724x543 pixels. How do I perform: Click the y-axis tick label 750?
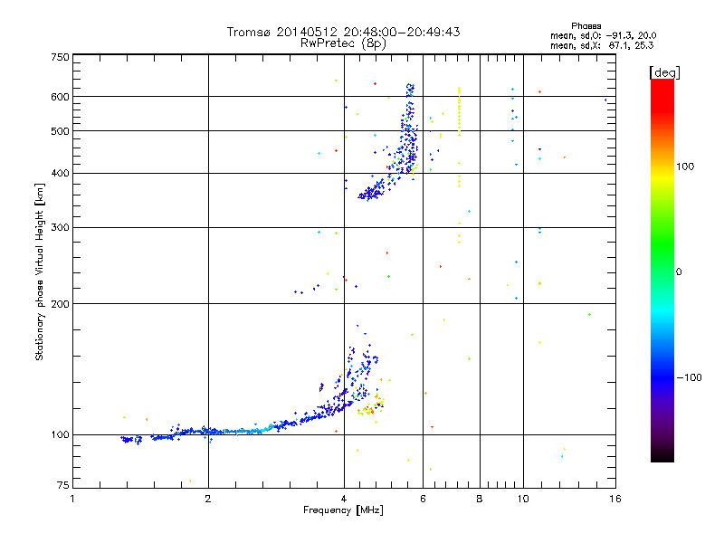pyautogui.click(x=59, y=57)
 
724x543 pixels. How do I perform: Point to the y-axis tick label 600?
pyautogui.click(x=59, y=97)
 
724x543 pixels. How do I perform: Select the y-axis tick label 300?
pyautogui.click(x=59, y=227)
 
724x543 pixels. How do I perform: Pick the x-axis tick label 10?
pyautogui.click(x=522, y=499)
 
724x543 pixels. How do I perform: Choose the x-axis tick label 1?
pyautogui.click(x=72, y=499)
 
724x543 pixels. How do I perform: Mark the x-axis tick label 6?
pyautogui.click(x=423, y=499)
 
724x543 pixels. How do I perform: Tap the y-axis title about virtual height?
pyautogui.click(x=40, y=271)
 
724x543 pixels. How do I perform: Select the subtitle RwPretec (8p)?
pyautogui.click(x=344, y=43)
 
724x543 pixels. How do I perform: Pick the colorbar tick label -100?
pyautogui.click(x=690, y=377)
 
